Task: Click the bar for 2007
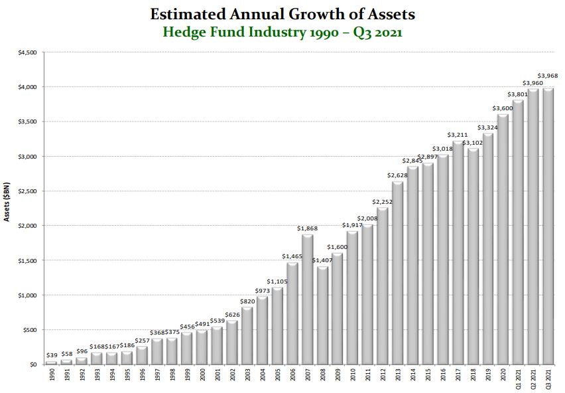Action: click(x=307, y=300)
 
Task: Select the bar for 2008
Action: click(x=322, y=315)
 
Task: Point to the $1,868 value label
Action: click(x=307, y=228)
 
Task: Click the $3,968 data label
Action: click(x=548, y=75)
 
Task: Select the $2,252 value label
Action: click(x=383, y=202)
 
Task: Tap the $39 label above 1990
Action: click(x=52, y=356)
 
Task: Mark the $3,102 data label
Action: click(x=473, y=143)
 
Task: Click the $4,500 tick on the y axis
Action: click(x=27, y=52)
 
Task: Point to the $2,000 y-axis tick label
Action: click(x=27, y=226)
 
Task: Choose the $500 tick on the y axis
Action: click(x=30, y=330)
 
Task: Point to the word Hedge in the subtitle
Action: click(x=189, y=31)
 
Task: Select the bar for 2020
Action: click(x=503, y=240)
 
